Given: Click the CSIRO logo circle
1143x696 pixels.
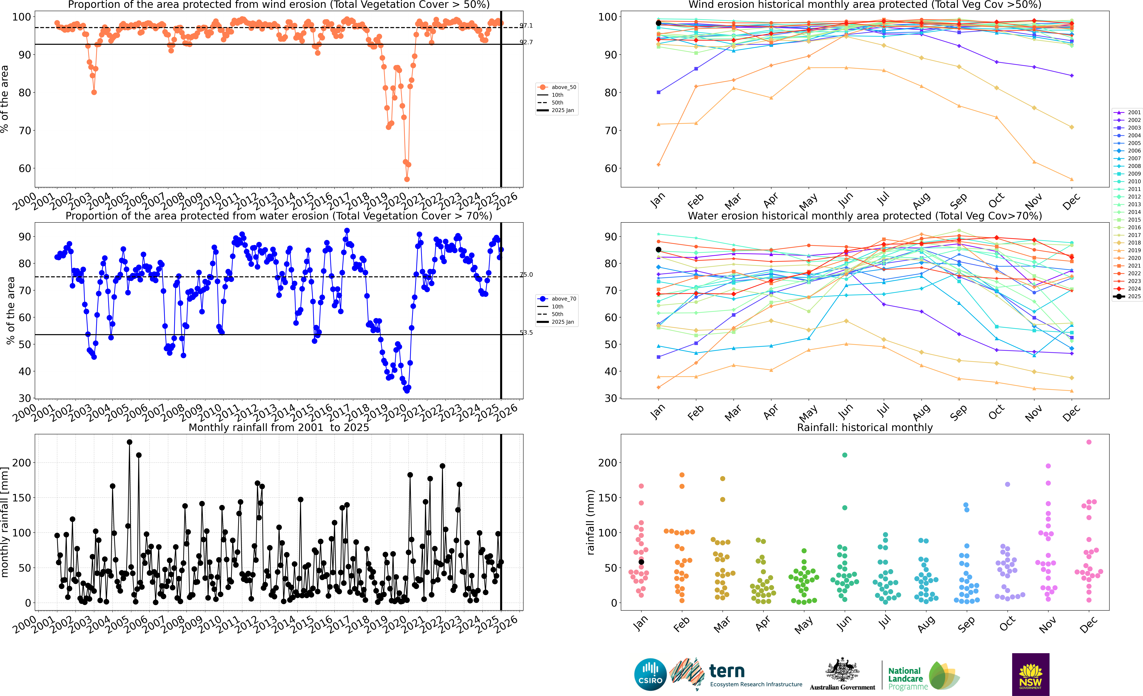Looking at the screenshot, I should coord(650,674).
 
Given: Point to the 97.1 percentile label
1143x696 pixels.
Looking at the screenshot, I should coord(526,25).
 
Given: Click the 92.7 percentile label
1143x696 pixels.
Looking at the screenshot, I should coord(526,42).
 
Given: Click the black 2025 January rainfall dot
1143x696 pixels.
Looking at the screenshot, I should coord(642,562).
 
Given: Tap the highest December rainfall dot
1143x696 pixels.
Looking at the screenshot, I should coord(1089,442).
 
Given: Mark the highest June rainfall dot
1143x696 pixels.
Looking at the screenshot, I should coord(845,455).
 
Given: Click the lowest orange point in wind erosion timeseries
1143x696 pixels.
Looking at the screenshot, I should coord(407,179).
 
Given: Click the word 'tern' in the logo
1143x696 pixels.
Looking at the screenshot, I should coord(727,671).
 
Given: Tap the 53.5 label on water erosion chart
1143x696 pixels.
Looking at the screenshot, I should coord(526,333).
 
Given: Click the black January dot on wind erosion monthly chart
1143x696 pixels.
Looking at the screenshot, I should coord(658,23).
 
